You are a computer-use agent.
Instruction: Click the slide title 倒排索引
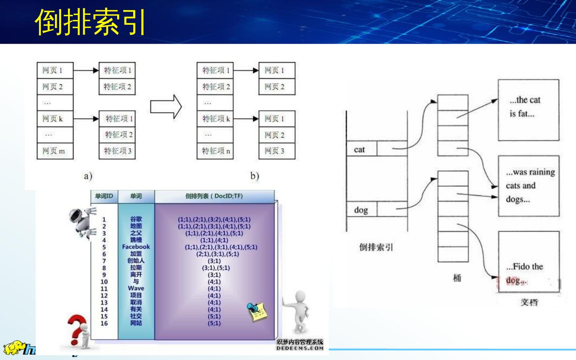(x=90, y=22)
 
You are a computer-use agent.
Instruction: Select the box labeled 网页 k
(x=55, y=119)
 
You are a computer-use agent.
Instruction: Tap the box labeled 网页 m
(x=55, y=151)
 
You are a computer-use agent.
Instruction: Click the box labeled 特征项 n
(x=215, y=151)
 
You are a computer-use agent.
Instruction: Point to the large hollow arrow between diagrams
(x=166, y=107)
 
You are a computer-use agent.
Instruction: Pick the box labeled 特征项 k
(x=215, y=119)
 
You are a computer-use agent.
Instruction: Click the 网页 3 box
(x=276, y=151)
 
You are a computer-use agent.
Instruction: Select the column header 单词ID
(x=104, y=196)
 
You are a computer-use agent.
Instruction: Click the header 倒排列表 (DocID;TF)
(x=214, y=196)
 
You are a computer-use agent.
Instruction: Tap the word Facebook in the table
(x=136, y=247)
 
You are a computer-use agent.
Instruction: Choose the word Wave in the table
(x=136, y=288)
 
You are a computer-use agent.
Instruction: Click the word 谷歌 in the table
(x=136, y=219)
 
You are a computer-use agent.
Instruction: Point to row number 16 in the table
(x=104, y=323)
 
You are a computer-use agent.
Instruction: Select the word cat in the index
(x=359, y=150)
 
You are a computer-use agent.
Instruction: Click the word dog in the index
(x=361, y=210)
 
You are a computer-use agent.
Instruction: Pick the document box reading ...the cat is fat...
(x=528, y=110)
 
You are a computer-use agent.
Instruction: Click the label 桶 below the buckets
(x=457, y=278)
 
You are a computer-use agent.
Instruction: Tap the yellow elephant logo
(x=14, y=348)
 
